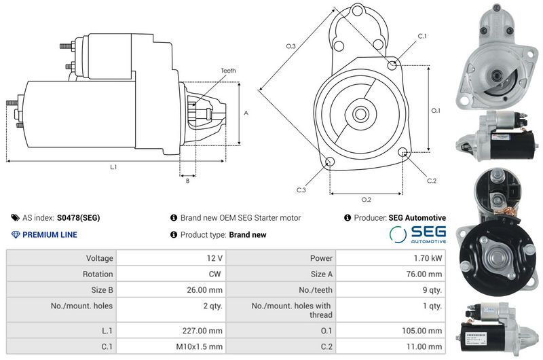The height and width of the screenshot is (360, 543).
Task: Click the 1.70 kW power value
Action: point(428,258)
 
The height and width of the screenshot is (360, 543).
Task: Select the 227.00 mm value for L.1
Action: point(202,331)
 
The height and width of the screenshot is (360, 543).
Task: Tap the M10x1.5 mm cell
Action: point(199,346)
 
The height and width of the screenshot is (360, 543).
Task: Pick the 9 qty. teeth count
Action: point(432,290)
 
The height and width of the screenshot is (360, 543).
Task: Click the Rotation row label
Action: point(98,274)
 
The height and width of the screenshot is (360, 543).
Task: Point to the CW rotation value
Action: point(214,274)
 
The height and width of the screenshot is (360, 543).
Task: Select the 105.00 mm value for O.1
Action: point(422,331)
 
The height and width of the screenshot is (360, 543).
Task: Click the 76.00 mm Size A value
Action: point(424,274)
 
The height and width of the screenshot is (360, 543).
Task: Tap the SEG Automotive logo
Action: point(417,234)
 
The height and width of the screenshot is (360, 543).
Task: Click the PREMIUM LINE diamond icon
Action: point(16,234)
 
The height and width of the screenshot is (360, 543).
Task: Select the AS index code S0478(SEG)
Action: point(78,218)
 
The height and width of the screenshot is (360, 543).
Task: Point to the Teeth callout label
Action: point(228,71)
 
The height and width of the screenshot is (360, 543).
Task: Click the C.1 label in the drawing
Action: point(422,36)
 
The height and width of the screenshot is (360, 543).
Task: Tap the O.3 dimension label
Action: point(291,46)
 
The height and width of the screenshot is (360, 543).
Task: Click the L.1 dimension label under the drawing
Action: point(113,167)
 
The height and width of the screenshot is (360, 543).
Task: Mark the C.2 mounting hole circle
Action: point(402,151)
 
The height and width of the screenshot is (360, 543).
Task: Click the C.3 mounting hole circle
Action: point(330,162)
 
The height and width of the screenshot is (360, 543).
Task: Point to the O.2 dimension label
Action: point(366,200)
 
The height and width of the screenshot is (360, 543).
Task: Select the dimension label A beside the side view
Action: point(246,113)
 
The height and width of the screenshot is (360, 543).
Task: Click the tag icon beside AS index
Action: point(15,218)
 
